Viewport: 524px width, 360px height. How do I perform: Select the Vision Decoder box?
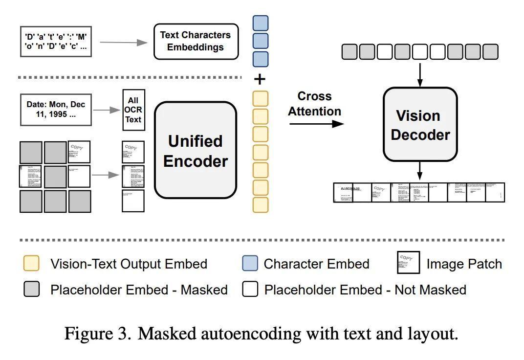pos(420,124)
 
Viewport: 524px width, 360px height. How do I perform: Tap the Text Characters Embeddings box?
pos(196,41)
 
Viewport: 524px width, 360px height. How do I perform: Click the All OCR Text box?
pos(133,110)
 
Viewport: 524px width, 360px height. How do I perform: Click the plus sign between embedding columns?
pos(260,80)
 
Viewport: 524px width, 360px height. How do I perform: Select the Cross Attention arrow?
pos(316,124)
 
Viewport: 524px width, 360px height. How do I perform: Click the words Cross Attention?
pos(314,104)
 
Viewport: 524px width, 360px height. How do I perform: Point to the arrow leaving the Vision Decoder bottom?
pos(420,171)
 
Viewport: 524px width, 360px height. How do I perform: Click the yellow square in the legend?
pos(32,264)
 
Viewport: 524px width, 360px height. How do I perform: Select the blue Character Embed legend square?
pos(250,264)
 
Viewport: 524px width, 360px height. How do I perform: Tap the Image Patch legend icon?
pos(408,263)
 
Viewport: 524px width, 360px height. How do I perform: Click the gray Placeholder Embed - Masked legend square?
pos(32,290)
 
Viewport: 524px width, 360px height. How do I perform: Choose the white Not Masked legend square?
pos(250,290)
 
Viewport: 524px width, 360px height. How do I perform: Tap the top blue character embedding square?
pos(261,23)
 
